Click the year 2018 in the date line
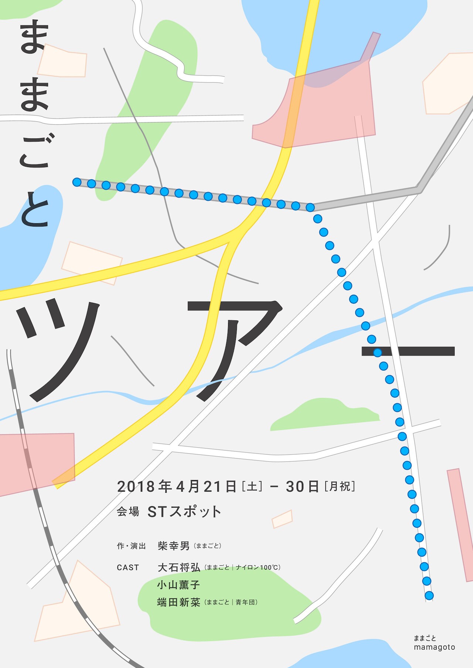point(136,486)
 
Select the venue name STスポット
point(184,512)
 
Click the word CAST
point(128,567)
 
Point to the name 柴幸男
point(173,546)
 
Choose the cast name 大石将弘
point(179,567)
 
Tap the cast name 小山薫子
point(178,584)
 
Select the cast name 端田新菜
point(178,602)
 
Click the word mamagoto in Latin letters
point(434,647)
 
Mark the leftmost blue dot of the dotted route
point(77,182)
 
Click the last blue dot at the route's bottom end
point(429,596)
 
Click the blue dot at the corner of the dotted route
point(310,207)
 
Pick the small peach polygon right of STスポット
point(282,519)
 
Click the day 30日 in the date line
point(302,486)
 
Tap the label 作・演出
point(131,546)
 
